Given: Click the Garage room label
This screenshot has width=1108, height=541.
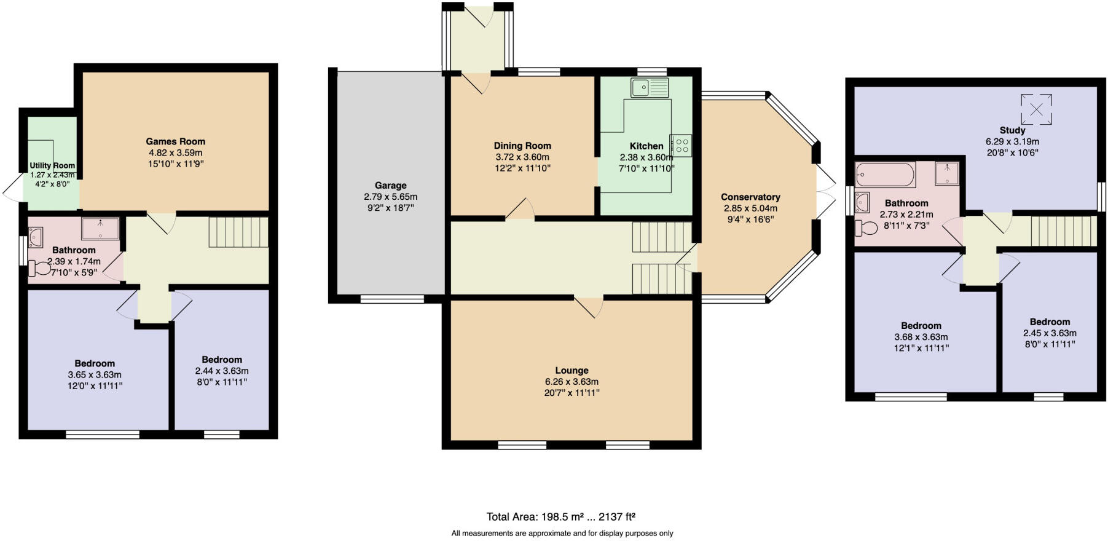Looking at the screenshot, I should click(x=390, y=185).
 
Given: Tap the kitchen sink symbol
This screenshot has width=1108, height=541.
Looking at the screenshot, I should click(x=649, y=88).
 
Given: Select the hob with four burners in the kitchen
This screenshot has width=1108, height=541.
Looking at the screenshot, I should click(x=681, y=146).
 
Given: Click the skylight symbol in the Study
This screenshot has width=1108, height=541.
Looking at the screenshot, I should click(x=1036, y=109).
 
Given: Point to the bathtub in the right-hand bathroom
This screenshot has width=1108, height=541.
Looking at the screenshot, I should click(x=885, y=175).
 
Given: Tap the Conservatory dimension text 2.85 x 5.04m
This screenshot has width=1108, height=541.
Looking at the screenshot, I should click(x=750, y=208).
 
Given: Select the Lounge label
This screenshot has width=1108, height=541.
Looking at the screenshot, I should click(x=572, y=370).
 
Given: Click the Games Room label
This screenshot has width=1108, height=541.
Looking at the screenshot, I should click(x=176, y=141).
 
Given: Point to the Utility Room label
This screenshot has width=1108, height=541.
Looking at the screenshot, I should click(x=52, y=165).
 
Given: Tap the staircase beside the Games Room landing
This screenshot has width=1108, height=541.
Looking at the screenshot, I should click(x=238, y=232).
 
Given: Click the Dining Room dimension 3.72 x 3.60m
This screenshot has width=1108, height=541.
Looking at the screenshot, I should click(x=522, y=157).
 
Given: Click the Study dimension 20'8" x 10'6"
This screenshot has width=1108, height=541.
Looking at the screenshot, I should click(x=1012, y=152).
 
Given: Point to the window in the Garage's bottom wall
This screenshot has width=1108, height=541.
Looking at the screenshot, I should click(x=391, y=299).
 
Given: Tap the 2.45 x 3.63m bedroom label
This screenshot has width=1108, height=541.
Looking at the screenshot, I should click(x=1050, y=333).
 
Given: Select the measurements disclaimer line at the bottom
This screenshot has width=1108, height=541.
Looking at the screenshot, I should click(x=562, y=534).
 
